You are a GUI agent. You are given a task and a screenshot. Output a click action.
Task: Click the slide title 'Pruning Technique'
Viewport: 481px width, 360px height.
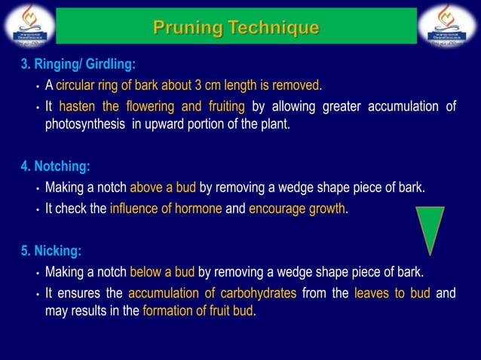[236, 27]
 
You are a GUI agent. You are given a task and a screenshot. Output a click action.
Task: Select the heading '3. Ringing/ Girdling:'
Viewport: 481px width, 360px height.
[78, 64]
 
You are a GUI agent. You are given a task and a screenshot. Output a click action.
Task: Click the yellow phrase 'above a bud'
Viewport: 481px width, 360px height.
[162, 188]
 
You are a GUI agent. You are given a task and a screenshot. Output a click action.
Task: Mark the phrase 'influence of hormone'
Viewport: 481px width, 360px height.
[166, 209]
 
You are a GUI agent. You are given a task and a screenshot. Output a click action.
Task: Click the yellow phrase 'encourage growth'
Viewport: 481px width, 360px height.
[297, 209]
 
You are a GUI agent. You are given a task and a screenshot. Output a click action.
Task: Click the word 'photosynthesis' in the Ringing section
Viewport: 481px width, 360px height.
[85, 124]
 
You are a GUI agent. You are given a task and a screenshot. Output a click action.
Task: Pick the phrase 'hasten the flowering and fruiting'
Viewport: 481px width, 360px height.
[152, 106]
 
